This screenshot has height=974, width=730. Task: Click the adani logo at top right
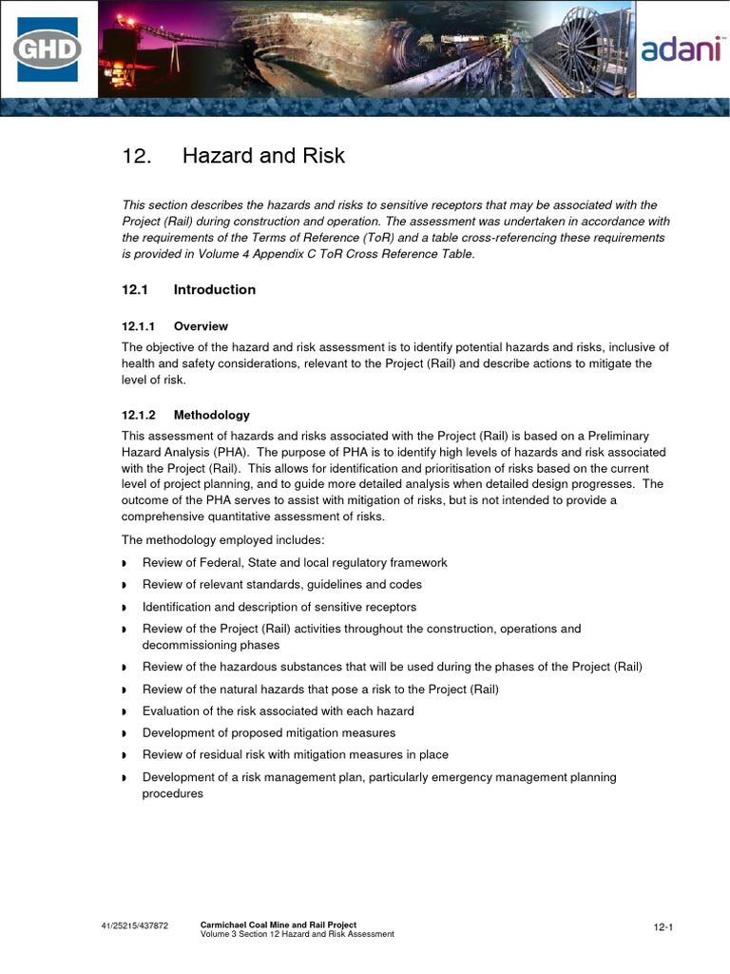click(x=681, y=50)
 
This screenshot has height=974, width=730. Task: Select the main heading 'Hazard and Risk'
click(x=263, y=156)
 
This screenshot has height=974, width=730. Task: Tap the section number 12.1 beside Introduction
click(x=135, y=289)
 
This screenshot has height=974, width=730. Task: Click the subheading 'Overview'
click(x=201, y=326)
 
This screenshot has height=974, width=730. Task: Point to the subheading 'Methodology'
click(x=211, y=415)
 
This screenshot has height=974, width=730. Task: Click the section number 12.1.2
click(x=139, y=415)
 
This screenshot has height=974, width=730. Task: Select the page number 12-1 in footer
click(x=663, y=926)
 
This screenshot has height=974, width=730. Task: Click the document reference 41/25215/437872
click(x=135, y=926)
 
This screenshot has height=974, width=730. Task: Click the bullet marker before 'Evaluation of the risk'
click(x=125, y=712)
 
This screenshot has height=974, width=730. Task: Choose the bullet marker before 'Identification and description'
click(x=125, y=608)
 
